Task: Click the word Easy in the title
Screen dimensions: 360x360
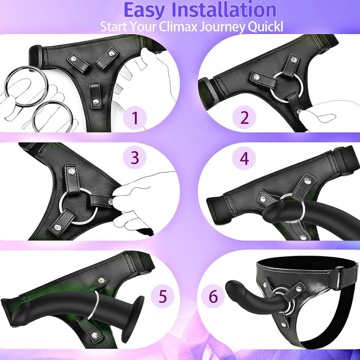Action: tap(145, 10)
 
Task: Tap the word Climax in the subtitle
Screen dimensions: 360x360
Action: tap(178, 27)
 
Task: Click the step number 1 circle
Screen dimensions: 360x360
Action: tap(135, 118)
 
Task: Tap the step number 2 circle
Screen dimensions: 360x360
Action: tap(244, 117)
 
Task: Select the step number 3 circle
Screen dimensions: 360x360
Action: tap(135, 157)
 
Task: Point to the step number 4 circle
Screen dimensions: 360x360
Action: tap(244, 158)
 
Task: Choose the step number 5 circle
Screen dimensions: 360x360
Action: tap(163, 296)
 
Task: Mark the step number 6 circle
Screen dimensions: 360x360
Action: tap(213, 296)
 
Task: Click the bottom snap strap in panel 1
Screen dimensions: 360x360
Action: tap(95, 96)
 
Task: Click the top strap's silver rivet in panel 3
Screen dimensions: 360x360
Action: tap(71, 171)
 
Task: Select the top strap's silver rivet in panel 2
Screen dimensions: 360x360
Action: tap(293, 60)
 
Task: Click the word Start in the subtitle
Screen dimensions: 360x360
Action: tap(114, 26)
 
